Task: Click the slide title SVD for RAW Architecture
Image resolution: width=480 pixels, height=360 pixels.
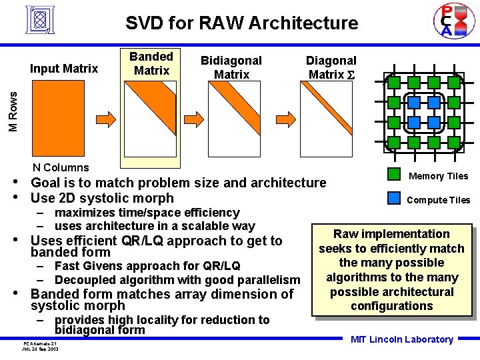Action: pos(242,23)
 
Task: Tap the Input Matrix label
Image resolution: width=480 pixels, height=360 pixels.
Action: pos(64,68)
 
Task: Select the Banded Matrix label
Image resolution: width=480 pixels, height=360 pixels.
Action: pos(151,63)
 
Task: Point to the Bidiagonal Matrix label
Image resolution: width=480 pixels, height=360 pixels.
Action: pos(231,67)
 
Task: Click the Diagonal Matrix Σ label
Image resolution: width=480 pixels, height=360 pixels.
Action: pos(331,67)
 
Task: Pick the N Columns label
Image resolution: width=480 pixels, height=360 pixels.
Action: pos(61,167)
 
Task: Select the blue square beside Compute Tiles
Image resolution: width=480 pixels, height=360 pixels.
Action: pos(394,198)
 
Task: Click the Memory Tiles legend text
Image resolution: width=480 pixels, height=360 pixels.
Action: pos(438,176)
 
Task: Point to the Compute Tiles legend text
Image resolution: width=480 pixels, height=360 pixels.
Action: pos(438,200)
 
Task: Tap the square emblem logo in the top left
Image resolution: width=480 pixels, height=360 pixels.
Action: pos(41,20)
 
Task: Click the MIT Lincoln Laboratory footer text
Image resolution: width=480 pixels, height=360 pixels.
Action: pos(402,339)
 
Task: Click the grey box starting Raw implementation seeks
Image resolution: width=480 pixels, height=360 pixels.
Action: pos(391,270)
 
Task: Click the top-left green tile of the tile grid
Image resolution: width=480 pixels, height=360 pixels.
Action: pos(394,83)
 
